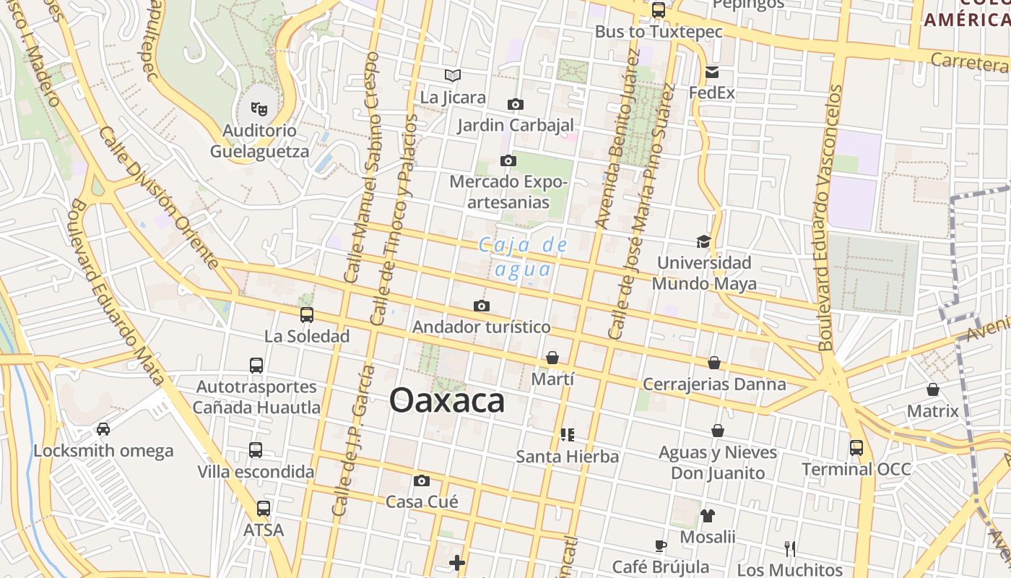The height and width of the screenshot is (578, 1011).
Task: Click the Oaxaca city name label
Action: pos(446,400)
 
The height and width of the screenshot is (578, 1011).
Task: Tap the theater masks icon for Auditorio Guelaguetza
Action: pos(259,109)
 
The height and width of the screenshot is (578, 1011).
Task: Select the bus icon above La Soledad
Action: pos(307,314)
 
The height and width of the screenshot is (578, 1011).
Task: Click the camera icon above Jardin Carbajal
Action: pos(515,104)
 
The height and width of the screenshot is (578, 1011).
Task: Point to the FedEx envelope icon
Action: pos(712,72)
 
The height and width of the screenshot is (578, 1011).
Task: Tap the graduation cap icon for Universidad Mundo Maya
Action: pos(703,241)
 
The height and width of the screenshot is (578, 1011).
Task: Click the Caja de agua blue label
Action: pos(524,257)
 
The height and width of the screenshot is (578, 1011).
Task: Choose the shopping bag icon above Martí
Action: pos(552,358)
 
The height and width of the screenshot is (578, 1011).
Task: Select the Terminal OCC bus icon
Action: pos(856,448)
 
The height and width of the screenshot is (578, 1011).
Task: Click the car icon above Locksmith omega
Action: pos(103,429)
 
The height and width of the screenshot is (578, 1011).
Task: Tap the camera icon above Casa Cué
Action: pos(422,480)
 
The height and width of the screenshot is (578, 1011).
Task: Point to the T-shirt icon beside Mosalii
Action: pos(708,516)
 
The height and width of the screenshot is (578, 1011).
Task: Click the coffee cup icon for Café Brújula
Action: pos(660,545)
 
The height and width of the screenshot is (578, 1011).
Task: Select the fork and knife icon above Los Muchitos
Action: pos(790,548)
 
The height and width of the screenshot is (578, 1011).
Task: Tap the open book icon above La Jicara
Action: pos(453,75)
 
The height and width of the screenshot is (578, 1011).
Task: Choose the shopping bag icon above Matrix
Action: pos(933,389)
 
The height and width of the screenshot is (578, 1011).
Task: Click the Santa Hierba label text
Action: pos(568,457)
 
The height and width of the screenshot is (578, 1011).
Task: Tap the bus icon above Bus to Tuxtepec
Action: pos(659,10)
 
